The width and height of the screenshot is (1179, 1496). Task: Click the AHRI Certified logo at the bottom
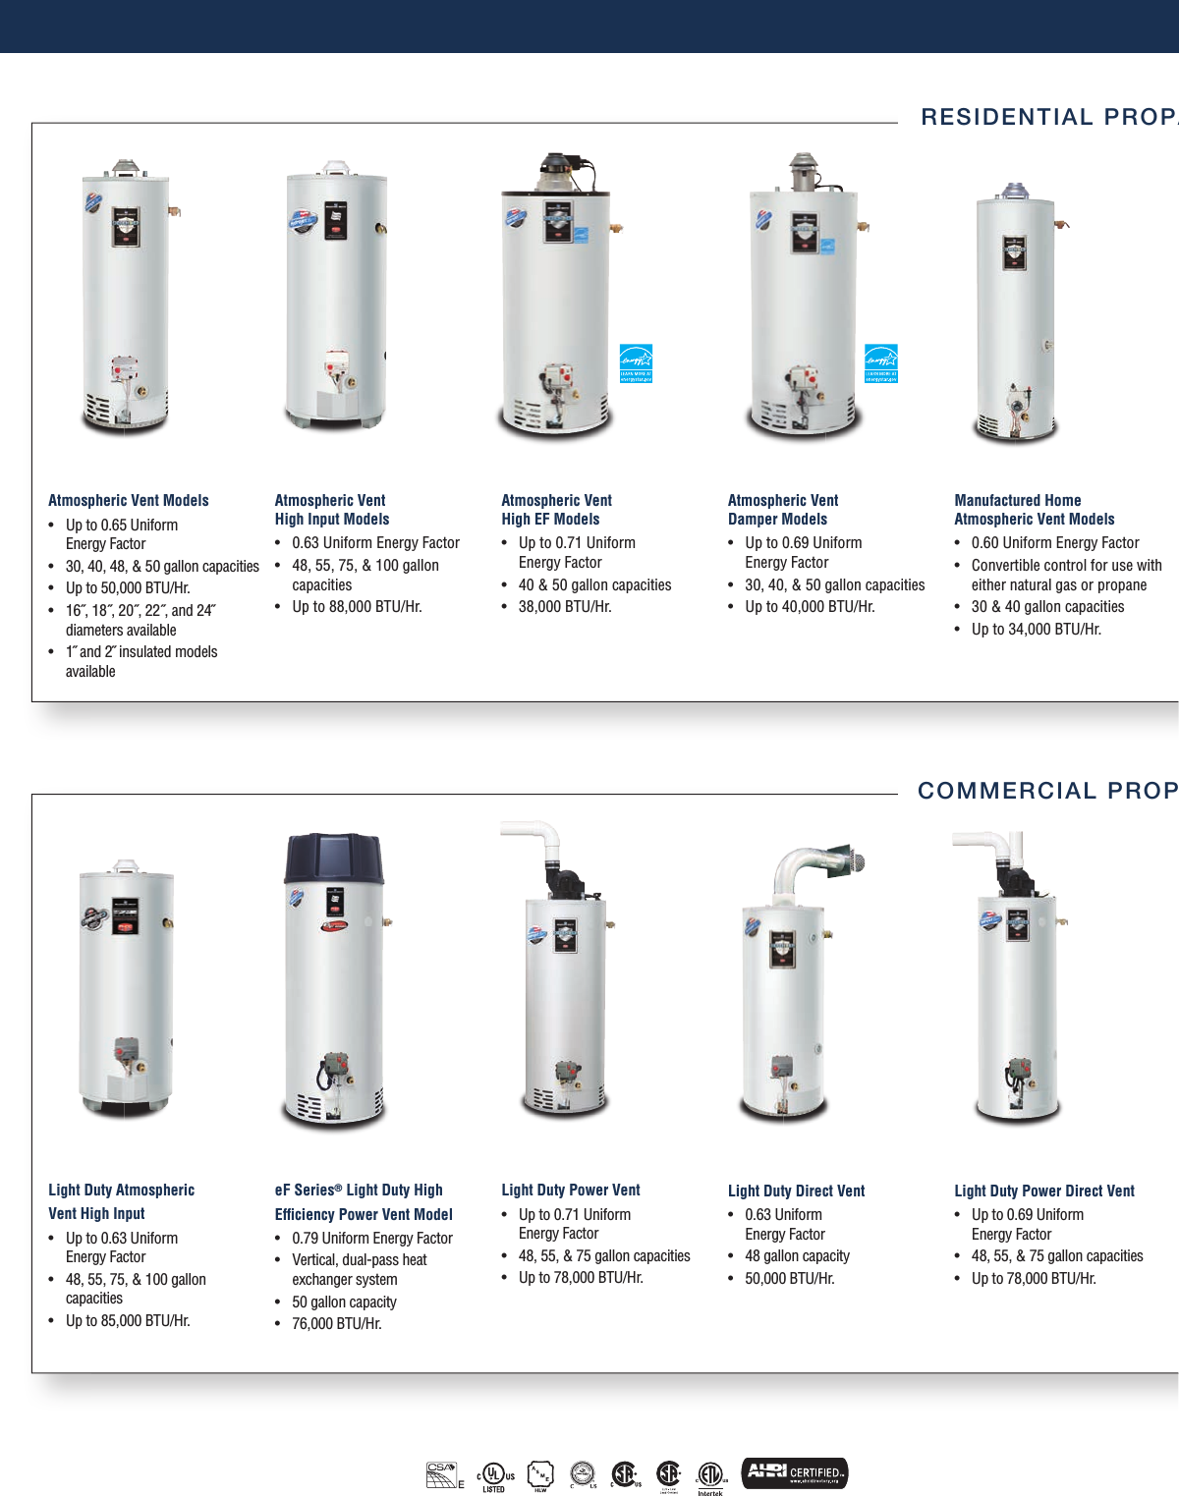pos(794,1472)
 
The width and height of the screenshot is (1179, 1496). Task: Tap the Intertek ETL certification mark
pos(710,1476)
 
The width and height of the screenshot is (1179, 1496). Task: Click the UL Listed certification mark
pos(495,1475)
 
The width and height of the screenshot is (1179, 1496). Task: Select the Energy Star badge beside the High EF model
pos(636,362)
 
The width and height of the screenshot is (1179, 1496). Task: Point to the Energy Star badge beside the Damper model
pos(880,362)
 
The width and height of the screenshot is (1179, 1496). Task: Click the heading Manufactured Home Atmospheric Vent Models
pos(1034,510)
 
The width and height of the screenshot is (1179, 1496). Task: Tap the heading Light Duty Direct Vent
pos(796,1191)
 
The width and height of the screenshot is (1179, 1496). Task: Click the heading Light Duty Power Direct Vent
pos(1043,1191)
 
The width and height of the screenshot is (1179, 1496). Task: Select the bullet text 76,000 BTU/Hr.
pos(336,1324)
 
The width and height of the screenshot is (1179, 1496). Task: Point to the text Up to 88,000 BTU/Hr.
pos(357,607)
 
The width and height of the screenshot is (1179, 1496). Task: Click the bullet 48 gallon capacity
pos(797,1256)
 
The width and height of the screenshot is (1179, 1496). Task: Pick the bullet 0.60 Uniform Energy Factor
pos(1054,543)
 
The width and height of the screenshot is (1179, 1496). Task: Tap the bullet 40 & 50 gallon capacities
pos(594,585)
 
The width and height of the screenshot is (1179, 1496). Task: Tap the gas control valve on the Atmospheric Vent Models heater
pos(124,369)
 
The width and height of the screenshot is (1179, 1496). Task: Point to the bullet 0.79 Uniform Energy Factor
pos(371,1239)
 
